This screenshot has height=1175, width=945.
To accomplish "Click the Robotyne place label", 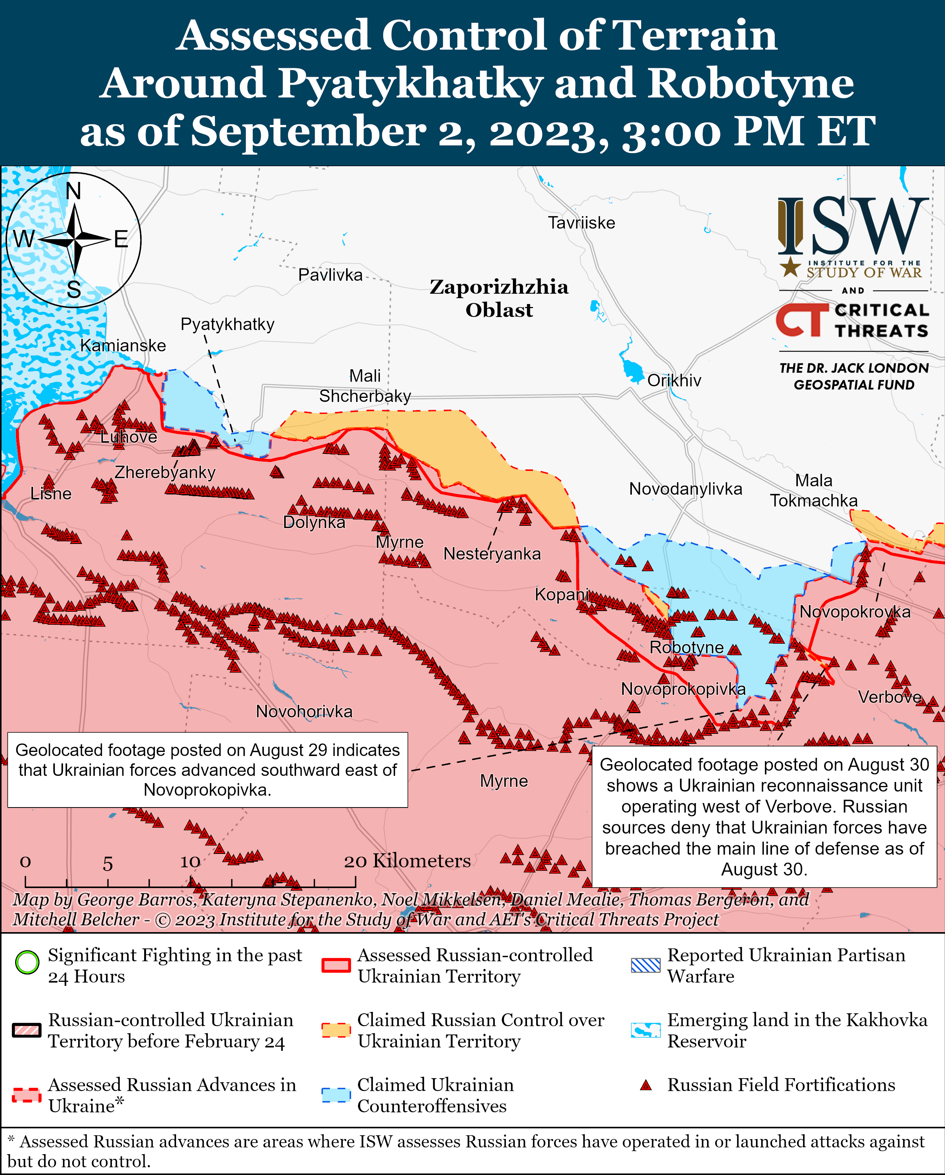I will tap(686, 647).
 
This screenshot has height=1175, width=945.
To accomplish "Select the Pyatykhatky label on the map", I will tap(227, 324).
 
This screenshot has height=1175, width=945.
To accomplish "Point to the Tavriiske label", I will tap(581, 223).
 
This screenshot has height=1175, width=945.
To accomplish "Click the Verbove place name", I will tap(889, 697).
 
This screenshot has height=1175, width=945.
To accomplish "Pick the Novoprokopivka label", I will tap(683, 689).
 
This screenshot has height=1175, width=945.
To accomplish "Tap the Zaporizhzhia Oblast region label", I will tap(499, 298).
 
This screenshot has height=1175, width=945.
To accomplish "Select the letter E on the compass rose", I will tap(121, 239).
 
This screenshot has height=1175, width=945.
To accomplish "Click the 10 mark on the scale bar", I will tap(190, 862).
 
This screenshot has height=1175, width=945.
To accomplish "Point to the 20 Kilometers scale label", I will tap(407, 861).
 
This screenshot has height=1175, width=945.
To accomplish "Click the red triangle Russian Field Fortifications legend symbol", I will tap(646, 1085).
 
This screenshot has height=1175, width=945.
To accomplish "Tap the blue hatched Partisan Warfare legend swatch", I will tap(646, 965).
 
